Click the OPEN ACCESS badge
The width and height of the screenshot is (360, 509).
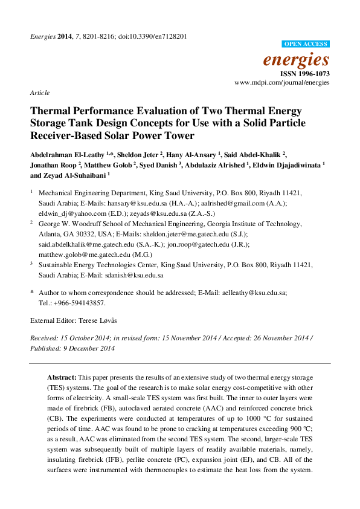(x=306, y=44)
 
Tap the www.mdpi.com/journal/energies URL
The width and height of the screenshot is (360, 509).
(x=282, y=82)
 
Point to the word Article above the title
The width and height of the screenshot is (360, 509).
(x=40, y=93)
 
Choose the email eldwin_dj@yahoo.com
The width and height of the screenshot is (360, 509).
(x=66, y=213)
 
